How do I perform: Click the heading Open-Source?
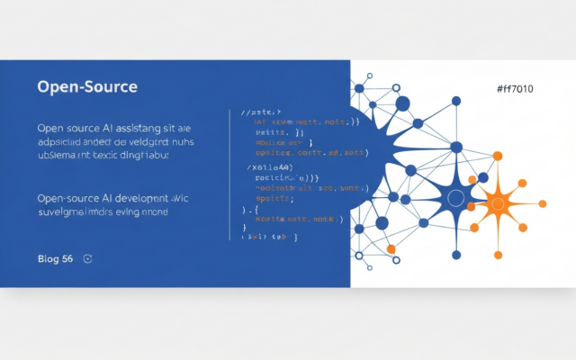pyautogui.click(x=87, y=87)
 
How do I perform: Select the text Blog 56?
pyautogui.click(x=55, y=259)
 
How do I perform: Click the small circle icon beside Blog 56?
pyautogui.click(x=87, y=259)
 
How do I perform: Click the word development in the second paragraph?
pyautogui.click(x=139, y=197)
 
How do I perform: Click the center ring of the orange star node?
pyautogui.click(x=496, y=199)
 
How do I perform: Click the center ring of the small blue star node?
pyautogui.click(x=455, y=198)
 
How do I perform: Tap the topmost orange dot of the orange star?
pyautogui.click(x=498, y=156)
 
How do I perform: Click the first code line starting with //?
pyautogui.click(x=262, y=112)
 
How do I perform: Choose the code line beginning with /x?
pyautogui.click(x=272, y=167)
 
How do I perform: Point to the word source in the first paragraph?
pyautogui.click(x=77, y=128)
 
